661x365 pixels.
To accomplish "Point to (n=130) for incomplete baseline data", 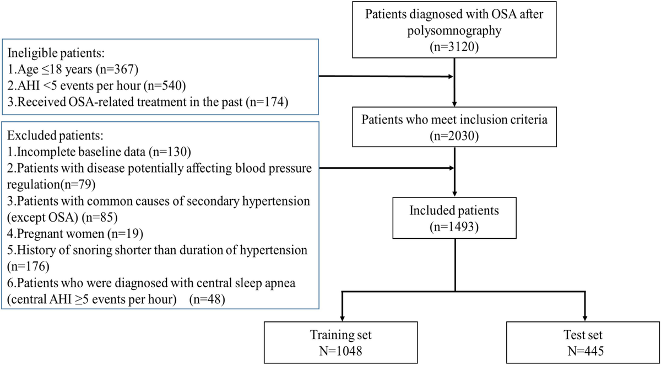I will (171, 151).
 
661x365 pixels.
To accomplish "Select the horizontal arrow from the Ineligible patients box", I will (386, 78).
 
